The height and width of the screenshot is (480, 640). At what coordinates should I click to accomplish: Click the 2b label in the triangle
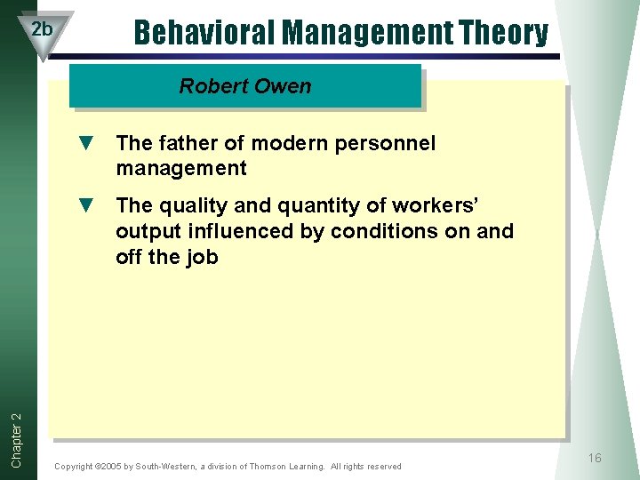[42, 28]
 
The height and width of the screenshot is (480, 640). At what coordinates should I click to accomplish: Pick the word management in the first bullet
[180, 168]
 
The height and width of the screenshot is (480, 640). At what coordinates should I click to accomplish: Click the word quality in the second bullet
[189, 205]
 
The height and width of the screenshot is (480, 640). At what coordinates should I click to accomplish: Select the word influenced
[240, 231]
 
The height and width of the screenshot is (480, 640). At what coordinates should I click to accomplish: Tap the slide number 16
[594, 458]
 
